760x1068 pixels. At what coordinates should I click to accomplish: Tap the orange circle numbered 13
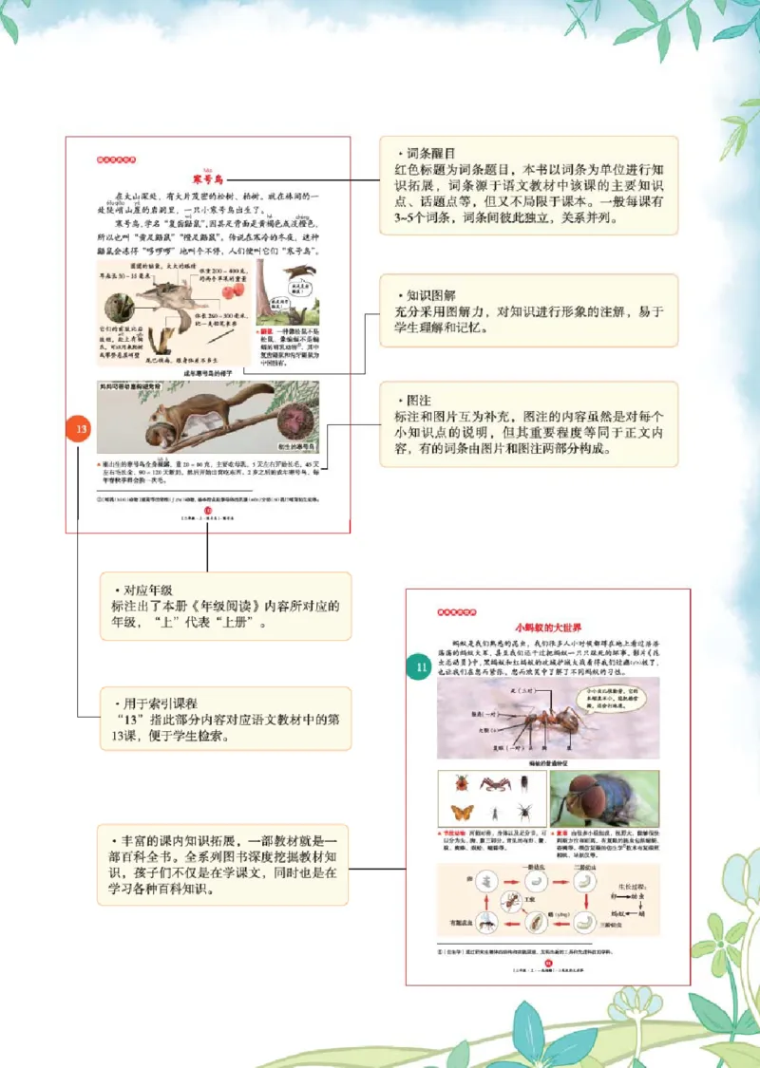(x=82, y=430)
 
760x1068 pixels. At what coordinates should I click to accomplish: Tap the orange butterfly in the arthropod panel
(x=463, y=812)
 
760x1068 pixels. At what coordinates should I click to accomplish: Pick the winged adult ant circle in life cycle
(x=484, y=920)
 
